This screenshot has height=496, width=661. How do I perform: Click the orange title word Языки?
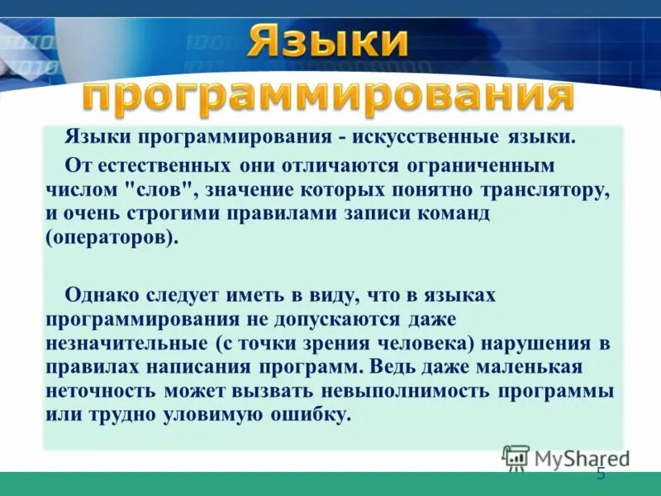[326, 42]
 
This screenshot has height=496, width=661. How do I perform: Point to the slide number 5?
[601, 474]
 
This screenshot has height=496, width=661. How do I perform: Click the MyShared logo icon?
[516, 456]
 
